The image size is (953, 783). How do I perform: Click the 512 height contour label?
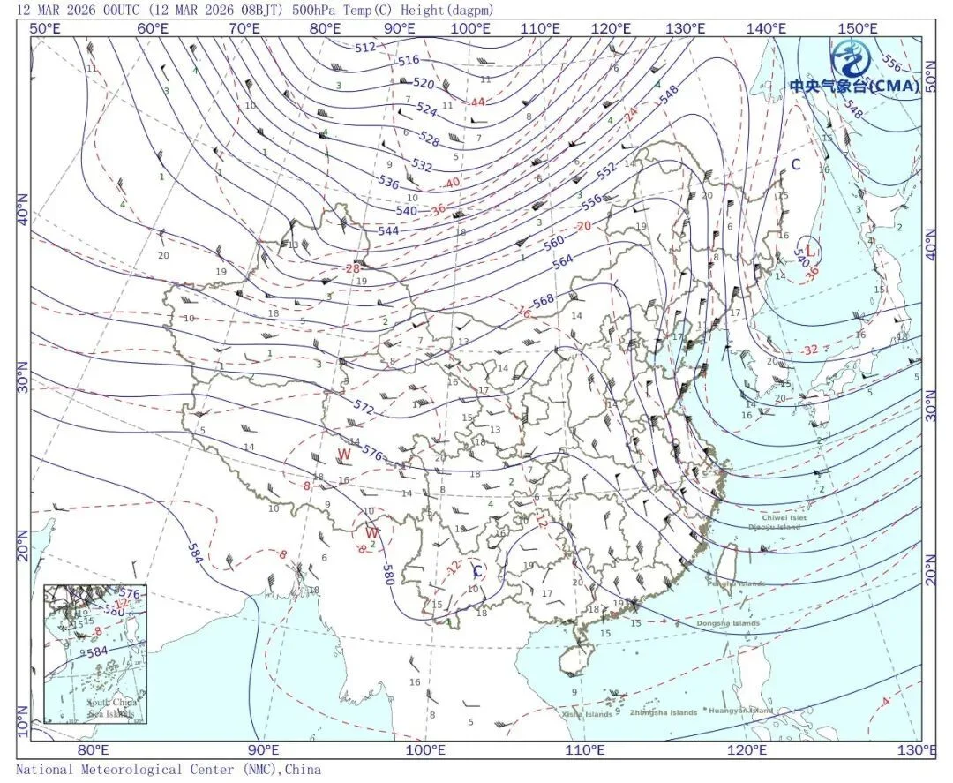(365, 47)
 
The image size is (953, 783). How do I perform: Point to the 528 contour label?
(430, 139)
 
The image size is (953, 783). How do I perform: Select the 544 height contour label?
(388, 231)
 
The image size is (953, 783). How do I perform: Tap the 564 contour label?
(562, 261)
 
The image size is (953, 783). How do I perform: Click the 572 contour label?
(364, 409)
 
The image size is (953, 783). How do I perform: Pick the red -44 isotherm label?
(476, 102)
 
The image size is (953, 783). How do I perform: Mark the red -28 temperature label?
(352, 269)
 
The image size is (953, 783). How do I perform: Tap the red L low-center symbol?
(810, 250)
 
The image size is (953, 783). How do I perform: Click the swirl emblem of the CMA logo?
(852, 60)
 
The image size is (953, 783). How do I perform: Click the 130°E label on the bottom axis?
(918, 751)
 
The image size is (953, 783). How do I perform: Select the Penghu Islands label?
(736, 583)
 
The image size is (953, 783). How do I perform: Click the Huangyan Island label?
(741, 711)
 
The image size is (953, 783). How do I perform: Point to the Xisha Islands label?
(587, 714)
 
